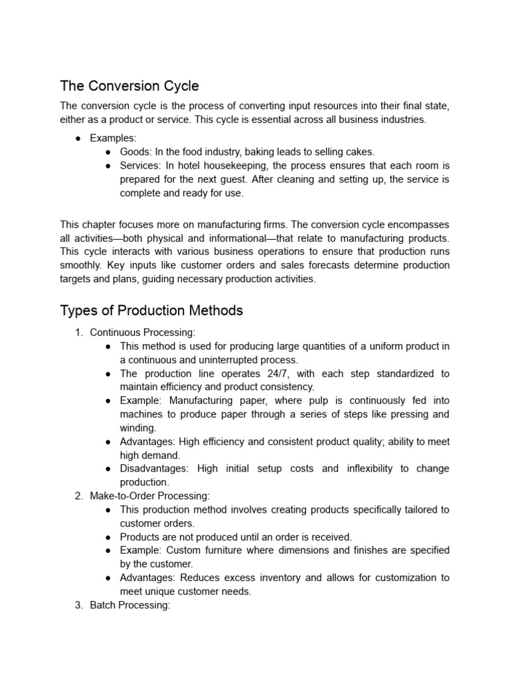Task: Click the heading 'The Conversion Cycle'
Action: tap(129, 86)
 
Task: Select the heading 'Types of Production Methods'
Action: tap(151, 311)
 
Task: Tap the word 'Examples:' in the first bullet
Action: tap(113, 138)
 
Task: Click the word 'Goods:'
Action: tap(136, 152)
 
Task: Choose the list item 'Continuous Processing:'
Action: tap(143, 332)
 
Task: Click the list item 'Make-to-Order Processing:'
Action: tap(149, 495)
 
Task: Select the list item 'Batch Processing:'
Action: tap(130, 605)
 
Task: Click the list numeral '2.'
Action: tap(80, 495)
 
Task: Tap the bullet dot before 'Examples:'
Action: tap(78, 138)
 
